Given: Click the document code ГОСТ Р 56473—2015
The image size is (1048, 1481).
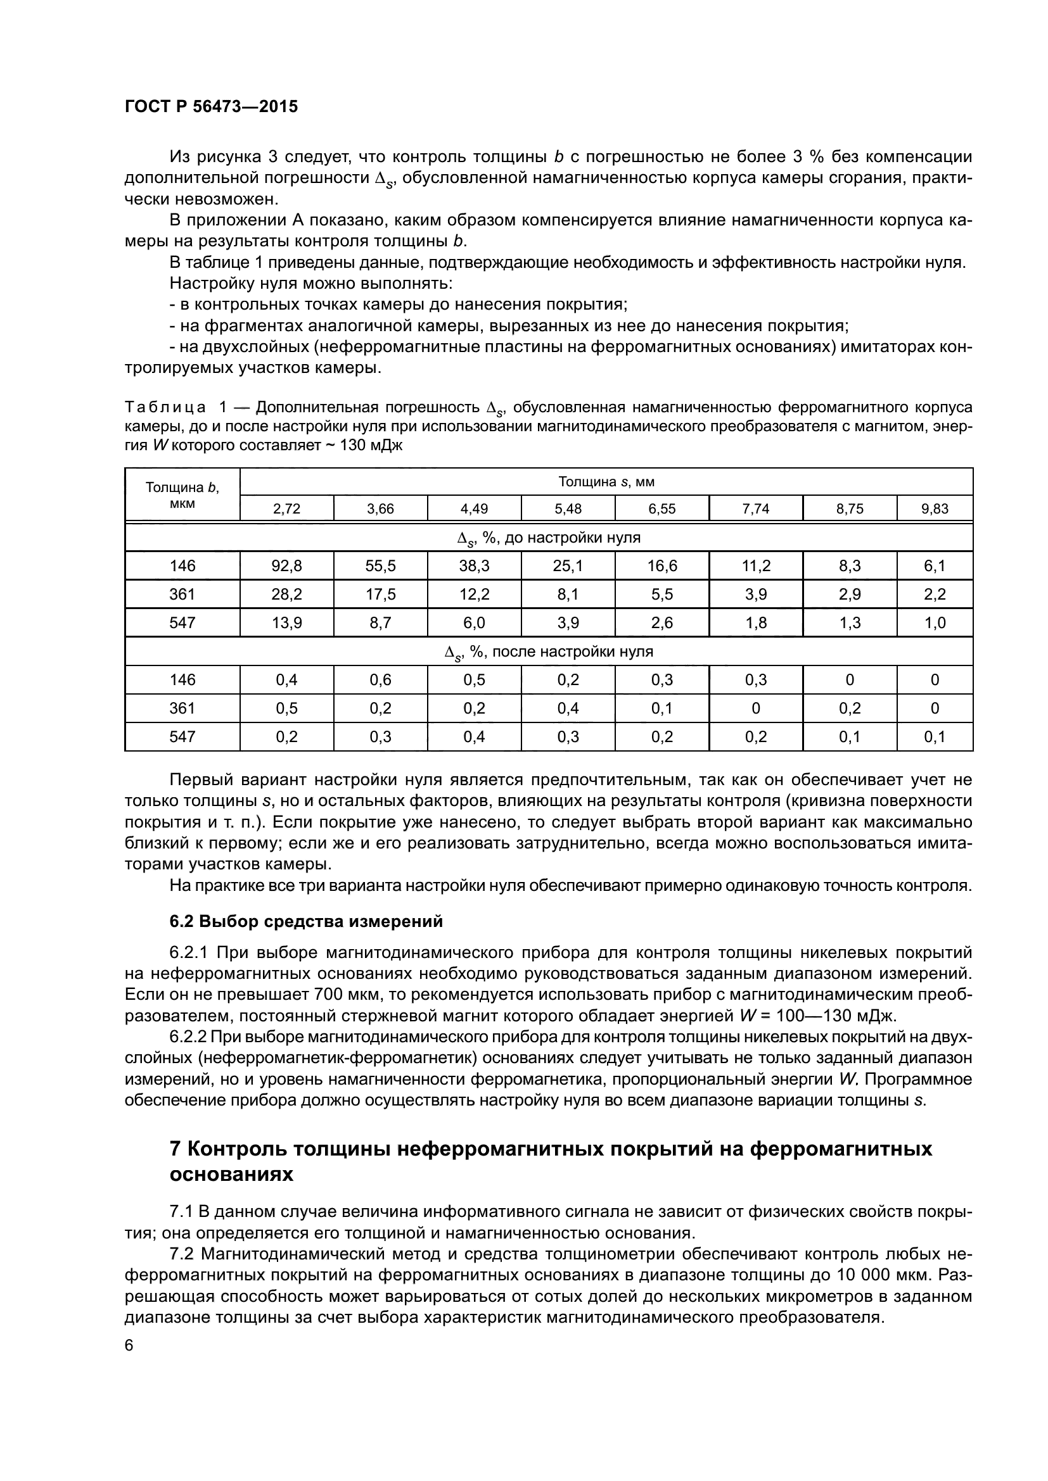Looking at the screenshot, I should pos(211,107).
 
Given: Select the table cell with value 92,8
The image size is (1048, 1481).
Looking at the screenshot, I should pos(286,565).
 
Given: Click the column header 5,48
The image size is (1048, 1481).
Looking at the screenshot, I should pos(568,508).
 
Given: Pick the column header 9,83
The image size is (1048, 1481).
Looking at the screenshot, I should pos(935,508).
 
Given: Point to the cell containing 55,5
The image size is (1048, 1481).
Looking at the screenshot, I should pos(380,565).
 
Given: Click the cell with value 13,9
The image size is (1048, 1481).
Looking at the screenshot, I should pos(286,622).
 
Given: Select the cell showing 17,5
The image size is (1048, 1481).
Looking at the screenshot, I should pos(380,594).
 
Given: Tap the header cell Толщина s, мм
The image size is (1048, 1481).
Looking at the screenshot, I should pos(606,482).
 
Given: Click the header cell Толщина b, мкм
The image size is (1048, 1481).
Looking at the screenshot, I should pos(182,495).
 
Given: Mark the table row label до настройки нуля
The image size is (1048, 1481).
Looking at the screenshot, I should pos(549,538).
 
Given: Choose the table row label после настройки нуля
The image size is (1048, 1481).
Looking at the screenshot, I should pos(549,652).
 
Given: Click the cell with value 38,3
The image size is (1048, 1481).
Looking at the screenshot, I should pos(475,565).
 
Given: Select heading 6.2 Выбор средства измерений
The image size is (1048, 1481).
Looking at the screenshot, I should pos(306,921).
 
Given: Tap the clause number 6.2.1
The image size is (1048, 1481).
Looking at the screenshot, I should pos(188,953).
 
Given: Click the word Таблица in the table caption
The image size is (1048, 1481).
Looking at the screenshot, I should pos(165,408).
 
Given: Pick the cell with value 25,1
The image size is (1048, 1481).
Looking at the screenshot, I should pos(568,565).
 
